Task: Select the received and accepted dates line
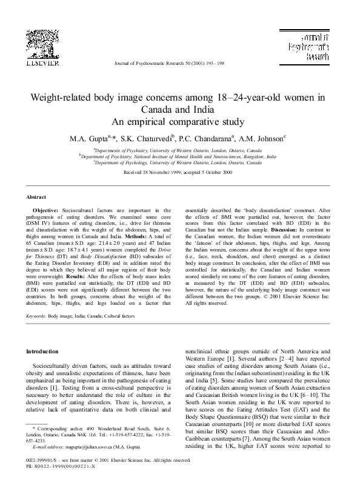click(x=179, y=172)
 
